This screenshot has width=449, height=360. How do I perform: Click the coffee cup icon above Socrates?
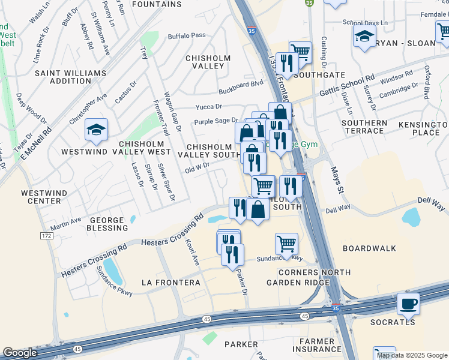[409, 304]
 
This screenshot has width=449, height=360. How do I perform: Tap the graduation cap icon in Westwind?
[96, 130]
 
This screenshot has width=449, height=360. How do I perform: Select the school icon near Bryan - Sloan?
[364, 36]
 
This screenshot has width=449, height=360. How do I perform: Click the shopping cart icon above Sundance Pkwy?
[287, 243]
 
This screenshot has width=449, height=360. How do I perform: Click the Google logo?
[20, 353]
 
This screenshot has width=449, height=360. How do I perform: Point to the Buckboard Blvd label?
[241, 88]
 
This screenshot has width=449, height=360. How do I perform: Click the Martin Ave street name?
[66, 223]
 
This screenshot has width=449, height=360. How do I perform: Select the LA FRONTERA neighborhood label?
[170, 282]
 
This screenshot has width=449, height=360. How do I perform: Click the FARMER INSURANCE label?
[317, 345]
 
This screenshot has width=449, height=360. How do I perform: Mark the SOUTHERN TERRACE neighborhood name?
[364, 127]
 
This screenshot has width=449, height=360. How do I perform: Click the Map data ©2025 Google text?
[412, 355]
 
